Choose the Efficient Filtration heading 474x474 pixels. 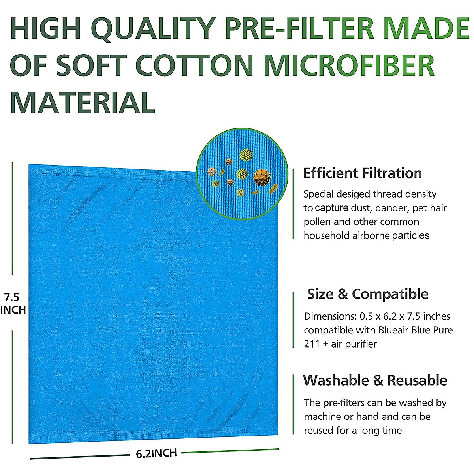[362, 173]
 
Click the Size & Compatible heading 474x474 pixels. [367, 294]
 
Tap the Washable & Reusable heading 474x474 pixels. [375, 380]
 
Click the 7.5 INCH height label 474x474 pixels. [13, 303]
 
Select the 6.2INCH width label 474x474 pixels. [156, 453]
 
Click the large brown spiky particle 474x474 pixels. [261, 177]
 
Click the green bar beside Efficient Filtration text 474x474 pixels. [293, 204]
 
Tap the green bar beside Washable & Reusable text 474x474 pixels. [293, 404]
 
